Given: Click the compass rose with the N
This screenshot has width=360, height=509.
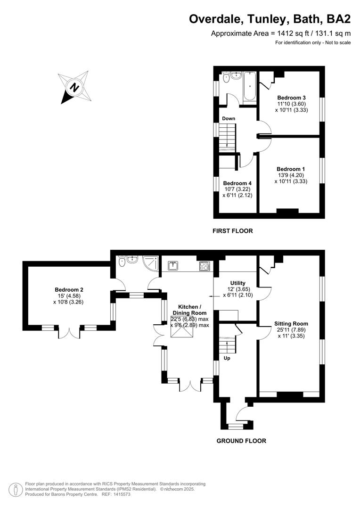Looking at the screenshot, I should (74, 87).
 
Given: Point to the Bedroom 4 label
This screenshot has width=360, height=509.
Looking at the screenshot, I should (237, 183).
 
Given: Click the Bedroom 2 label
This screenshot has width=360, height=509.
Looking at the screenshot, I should (69, 289).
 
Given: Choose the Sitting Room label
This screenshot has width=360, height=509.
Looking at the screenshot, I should (291, 324).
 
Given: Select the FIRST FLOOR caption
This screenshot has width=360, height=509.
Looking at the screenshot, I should (233, 231).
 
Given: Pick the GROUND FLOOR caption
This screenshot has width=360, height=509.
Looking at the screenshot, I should (241, 441).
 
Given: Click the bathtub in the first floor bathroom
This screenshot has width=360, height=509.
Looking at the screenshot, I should (249, 86).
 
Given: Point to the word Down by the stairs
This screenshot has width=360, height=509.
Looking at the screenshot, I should (229, 118).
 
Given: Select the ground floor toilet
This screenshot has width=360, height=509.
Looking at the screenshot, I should (122, 261).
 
